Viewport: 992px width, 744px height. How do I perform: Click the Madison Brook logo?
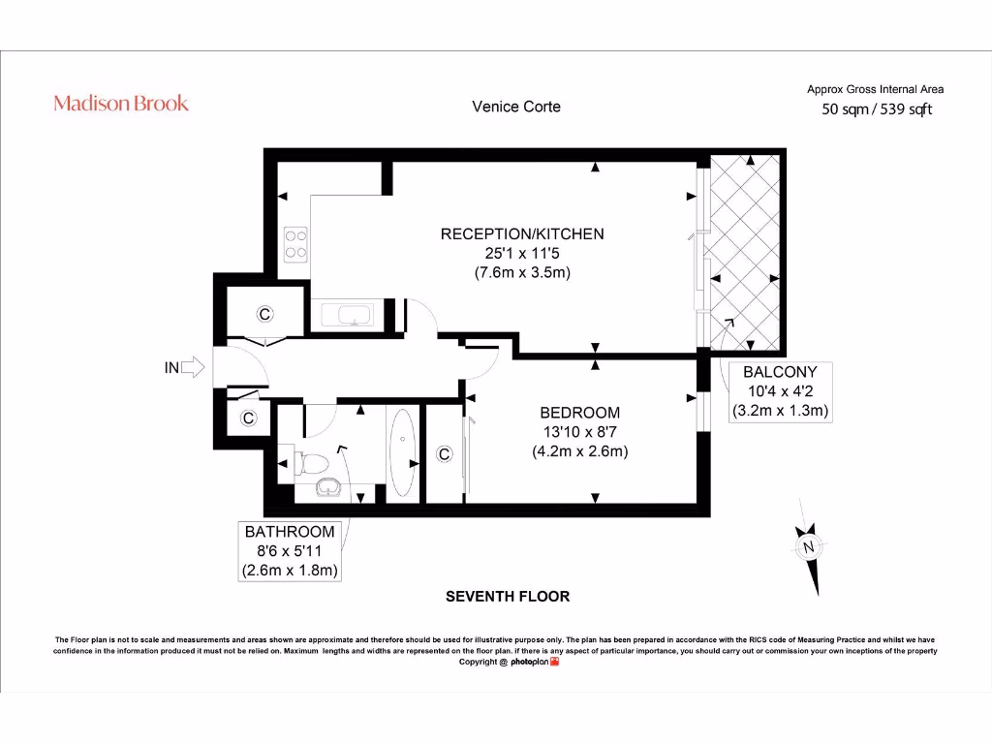click(121, 103)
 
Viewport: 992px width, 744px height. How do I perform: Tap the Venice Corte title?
click(516, 107)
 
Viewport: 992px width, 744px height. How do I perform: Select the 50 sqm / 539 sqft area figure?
click(876, 109)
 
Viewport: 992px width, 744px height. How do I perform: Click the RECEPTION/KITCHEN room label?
click(522, 234)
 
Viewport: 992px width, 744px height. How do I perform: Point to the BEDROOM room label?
click(579, 413)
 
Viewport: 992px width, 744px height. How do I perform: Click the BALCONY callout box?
click(780, 391)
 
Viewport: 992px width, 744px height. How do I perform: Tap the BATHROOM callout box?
click(290, 551)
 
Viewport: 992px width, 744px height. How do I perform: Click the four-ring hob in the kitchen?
click(296, 244)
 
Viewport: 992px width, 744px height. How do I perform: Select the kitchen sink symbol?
click(347, 315)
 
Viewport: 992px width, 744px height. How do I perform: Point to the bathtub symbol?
click(402, 451)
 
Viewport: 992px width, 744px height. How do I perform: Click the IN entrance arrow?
click(193, 367)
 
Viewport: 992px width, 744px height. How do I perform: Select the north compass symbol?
click(809, 546)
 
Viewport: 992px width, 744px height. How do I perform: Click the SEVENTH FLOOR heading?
click(508, 596)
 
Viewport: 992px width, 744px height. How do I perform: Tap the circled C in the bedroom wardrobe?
click(444, 453)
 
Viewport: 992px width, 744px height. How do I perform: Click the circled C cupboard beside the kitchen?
click(264, 314)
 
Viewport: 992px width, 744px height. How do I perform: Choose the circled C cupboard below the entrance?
click(249, 418)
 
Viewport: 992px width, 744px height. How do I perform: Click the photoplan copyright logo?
click(535, 662)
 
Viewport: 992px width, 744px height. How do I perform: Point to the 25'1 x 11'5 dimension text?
click(522, 253)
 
